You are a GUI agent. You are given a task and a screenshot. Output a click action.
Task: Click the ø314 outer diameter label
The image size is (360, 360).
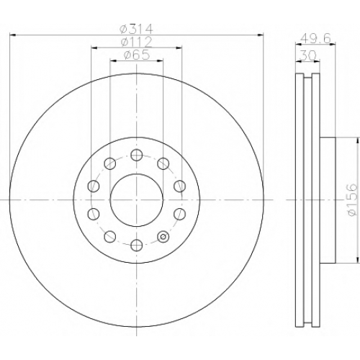pos(136,30)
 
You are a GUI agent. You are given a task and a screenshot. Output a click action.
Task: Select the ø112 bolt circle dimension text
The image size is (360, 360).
pos(136,42)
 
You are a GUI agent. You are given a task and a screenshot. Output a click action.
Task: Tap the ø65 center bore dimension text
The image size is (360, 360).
pos(137,55)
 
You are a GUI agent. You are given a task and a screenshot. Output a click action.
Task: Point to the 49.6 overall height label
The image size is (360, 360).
pos(315,38)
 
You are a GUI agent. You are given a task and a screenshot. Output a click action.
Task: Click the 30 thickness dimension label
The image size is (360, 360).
pos(308,56)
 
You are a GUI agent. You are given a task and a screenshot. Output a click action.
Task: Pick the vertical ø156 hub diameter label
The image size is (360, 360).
pos(352,199)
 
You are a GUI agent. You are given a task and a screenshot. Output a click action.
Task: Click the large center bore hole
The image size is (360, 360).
pos(137,199)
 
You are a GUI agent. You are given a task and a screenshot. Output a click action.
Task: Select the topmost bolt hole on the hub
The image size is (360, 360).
pos(137,155)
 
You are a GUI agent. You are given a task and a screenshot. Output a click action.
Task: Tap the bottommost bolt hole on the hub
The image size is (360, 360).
pos(137,245)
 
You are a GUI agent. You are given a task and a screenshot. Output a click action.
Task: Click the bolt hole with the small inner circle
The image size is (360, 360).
pos(163,236)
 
